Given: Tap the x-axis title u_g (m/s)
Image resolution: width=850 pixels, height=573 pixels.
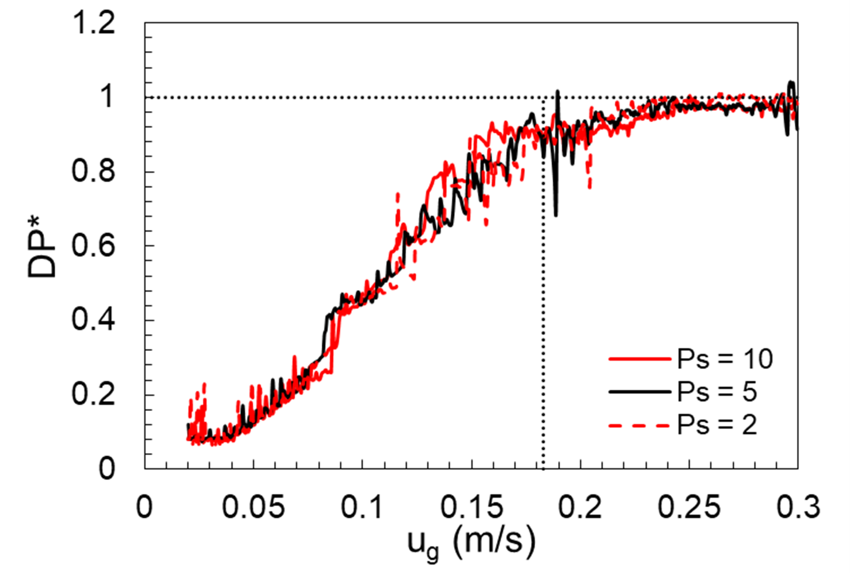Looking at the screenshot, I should (471, 546).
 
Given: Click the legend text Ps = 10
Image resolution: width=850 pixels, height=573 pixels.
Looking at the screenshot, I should (725, 359).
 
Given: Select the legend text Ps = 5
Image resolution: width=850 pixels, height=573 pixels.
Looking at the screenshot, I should (717, 392).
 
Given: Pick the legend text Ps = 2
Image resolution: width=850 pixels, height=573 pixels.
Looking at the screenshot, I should (717, 425).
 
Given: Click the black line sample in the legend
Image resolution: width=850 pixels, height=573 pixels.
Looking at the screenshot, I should (639, 392).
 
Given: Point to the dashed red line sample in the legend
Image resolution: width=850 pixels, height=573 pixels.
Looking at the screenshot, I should (639, 426).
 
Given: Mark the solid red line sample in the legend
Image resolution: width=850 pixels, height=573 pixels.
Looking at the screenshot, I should (639, 359).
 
